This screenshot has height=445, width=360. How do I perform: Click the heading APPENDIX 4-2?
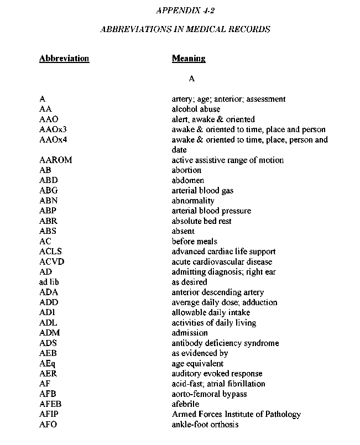185,11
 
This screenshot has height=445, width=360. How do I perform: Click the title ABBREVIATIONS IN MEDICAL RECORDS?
185,29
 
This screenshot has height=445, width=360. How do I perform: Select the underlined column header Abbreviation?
64,59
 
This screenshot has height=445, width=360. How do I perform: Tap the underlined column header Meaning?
189,59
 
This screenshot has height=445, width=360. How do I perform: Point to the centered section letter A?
192,79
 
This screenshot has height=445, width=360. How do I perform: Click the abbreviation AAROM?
56,160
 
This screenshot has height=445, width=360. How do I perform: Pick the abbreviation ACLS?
51,252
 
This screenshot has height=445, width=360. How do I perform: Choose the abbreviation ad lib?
50,282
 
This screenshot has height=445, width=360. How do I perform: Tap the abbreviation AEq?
48,364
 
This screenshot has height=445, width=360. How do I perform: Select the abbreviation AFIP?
49,415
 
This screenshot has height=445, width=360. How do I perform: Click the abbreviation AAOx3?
53,130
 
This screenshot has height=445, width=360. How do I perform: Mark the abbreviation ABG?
49,191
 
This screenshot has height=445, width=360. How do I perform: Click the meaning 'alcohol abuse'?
196,109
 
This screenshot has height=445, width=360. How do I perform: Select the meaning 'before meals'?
195,242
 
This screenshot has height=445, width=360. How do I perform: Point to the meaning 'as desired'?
189,282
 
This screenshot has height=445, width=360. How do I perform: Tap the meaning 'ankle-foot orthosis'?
205,425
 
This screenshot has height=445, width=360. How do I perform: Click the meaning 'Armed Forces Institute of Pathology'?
236,415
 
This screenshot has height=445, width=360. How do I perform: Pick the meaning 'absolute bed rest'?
201,221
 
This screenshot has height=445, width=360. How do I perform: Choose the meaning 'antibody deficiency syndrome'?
225,343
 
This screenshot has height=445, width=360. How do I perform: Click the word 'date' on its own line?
179,150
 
